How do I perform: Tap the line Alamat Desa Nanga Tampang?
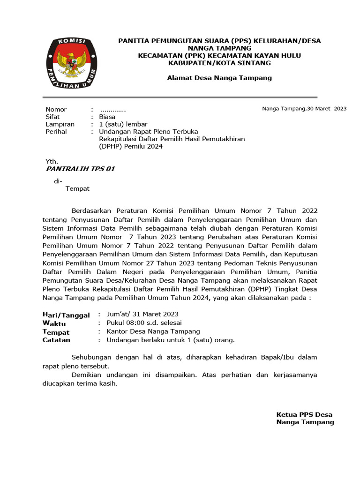point(219,78)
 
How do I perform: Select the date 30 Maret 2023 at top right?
point(327,109)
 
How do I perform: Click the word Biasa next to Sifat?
point(107,117)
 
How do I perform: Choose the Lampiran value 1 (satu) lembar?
point(123,124)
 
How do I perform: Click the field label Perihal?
point(56,132)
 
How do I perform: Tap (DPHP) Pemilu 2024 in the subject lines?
point(131,147)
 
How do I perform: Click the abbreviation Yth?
point(51,161)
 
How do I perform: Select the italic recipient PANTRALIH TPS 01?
point(80,169)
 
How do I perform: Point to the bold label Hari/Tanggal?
point(66,315)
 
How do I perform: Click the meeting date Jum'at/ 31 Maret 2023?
point(142,314)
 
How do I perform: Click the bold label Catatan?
point(56,340)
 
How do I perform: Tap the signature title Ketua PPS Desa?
point(304,414)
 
